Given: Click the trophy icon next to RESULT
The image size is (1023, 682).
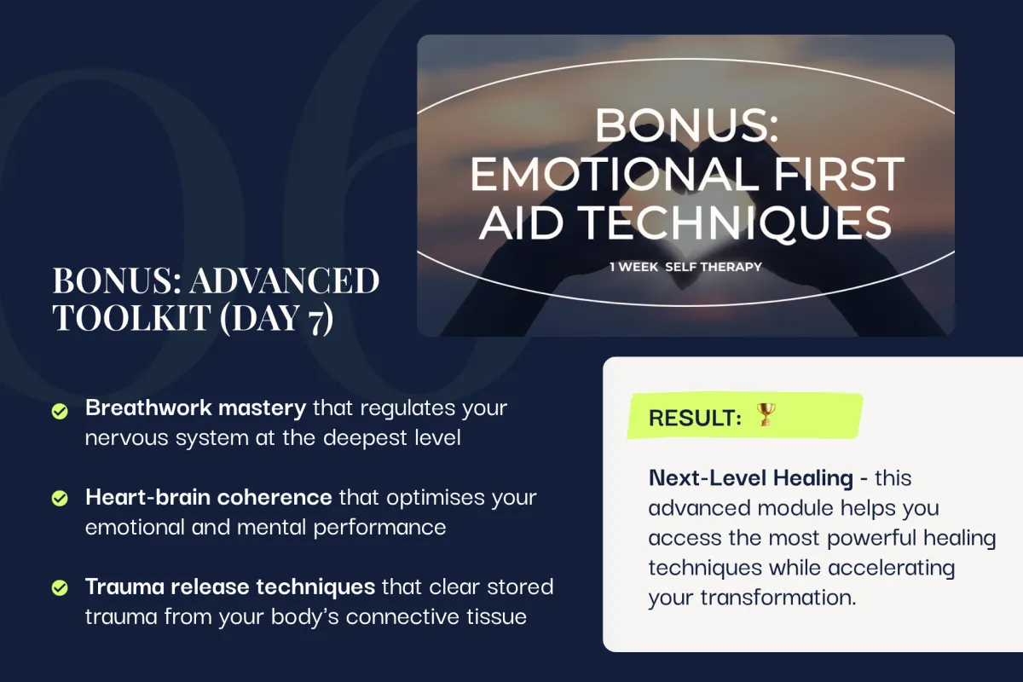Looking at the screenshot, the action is tap(766, 414).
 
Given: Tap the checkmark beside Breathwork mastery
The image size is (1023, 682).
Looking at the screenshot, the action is tap(60, 411).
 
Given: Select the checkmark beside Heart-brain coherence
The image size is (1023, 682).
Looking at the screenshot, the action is tap(60, 498).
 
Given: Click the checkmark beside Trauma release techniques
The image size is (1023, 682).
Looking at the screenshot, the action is tap(60, 587).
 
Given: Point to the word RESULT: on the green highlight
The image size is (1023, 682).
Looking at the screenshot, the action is tap(695, 418).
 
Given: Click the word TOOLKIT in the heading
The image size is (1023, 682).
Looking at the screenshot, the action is tap(131, 317).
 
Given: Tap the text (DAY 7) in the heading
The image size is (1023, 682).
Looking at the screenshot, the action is tap(277, 319).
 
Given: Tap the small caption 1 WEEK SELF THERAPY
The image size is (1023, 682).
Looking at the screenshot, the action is tap(685, 267).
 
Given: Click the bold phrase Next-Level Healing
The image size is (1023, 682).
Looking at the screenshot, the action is tap(751, 478).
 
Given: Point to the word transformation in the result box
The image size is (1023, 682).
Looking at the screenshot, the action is tap(777, 598).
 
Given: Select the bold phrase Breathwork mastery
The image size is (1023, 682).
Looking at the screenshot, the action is tap(195, 407).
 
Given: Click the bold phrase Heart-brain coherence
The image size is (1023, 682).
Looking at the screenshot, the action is tap(209, 497).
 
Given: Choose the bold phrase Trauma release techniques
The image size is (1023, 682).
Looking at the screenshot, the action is tap(230, 587).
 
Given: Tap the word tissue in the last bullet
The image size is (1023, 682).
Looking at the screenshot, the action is tap(496, 616).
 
